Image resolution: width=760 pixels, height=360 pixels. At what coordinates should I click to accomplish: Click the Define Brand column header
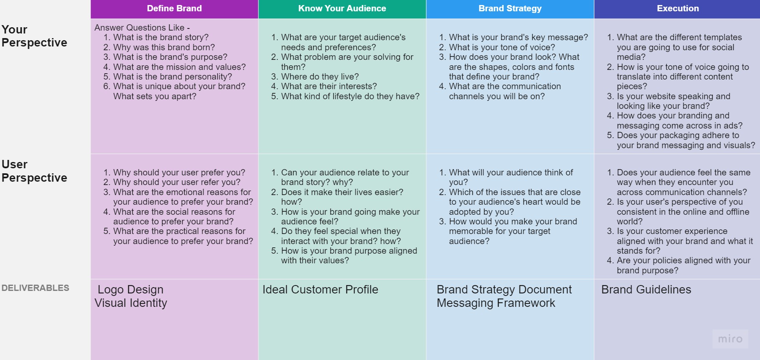[x=174, y=8]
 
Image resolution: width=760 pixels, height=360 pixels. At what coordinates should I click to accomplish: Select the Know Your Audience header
[x=342, y=8]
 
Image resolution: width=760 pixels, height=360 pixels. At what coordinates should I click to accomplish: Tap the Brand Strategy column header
[x=510, y=8]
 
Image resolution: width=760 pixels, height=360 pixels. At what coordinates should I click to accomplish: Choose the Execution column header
[x=678, y=8]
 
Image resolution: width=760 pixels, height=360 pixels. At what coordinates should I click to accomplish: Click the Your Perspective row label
[x=34, y=36]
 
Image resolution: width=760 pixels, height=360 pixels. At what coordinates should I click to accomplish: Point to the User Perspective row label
[x=34, y=171]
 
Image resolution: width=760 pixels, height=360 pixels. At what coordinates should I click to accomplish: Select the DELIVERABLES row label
[x=36, y=288]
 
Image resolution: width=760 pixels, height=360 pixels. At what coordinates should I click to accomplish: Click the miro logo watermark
[x=730, y=339]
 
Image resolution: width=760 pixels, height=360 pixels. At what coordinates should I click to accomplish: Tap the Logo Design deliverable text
[x=131, y=290]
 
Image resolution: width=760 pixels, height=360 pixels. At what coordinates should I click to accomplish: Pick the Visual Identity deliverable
[x=131, y=303]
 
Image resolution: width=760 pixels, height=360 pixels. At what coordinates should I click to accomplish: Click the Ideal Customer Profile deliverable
[x=320, y=290]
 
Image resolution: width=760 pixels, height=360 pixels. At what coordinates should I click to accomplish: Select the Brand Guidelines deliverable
[x=646, y=290]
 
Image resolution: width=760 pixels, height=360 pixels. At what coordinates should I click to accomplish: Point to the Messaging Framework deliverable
[x=496, y=303]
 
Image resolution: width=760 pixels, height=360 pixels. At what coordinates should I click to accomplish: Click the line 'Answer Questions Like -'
[x=142, y=28]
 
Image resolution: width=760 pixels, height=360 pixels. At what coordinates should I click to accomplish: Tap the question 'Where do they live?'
[x=320, y=77]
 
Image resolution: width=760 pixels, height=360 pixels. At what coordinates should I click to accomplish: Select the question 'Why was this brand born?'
[x=164, y=47]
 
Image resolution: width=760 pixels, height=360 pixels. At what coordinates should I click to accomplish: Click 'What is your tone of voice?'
[x=502, y=47]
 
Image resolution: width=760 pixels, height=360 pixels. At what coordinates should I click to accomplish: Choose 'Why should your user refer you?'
[x=177, y=182]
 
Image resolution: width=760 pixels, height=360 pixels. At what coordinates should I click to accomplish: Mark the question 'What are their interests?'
[x=329, y=86]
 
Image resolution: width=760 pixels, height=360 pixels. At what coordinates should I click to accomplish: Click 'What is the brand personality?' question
[x=173, y=77]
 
